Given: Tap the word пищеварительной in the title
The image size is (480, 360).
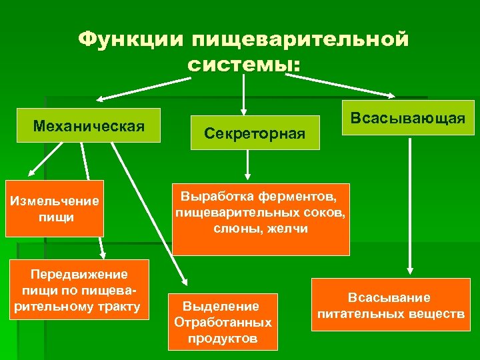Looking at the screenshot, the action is tap(301, 39).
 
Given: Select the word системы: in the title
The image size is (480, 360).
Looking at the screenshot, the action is tap(243, 65).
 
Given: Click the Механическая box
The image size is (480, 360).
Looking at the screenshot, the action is tap(89, 125).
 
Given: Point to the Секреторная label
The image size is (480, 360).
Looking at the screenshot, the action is tap(255, 134).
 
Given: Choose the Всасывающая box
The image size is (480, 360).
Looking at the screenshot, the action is tap(407, 119).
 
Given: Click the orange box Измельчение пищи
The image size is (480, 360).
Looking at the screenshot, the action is tap(55, 208).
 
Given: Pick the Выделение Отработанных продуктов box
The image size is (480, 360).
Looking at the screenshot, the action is tap(223, 322).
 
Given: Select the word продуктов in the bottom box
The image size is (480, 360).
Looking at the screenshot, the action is tap(223, 338).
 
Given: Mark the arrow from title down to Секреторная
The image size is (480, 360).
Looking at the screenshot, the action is tap(244, 93).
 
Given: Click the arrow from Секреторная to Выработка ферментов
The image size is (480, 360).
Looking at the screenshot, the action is tap(248, 163).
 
